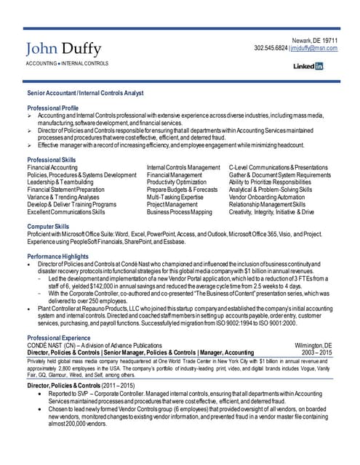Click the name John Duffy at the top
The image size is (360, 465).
tap(63, 49)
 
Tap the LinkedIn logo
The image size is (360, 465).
tap(308, 66)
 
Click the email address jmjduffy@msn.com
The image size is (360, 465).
tap(314, 48)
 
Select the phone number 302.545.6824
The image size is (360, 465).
tap(271, 48)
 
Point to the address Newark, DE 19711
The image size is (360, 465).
tap(315, 39)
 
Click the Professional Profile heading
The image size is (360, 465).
tap(52, 108)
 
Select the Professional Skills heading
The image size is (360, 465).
tap(51, 160)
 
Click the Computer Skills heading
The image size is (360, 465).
tap(48, 227)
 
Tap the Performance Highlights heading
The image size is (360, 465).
tap(59, 257)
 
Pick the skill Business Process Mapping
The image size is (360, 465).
tap(179, 212)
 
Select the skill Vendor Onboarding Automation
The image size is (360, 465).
tap(270, 197)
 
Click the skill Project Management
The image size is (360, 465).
tap(172, 205)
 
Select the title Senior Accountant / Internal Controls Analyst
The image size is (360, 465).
tap(85, 94)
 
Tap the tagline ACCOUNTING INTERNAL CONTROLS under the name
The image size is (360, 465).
tap(67, 64)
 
